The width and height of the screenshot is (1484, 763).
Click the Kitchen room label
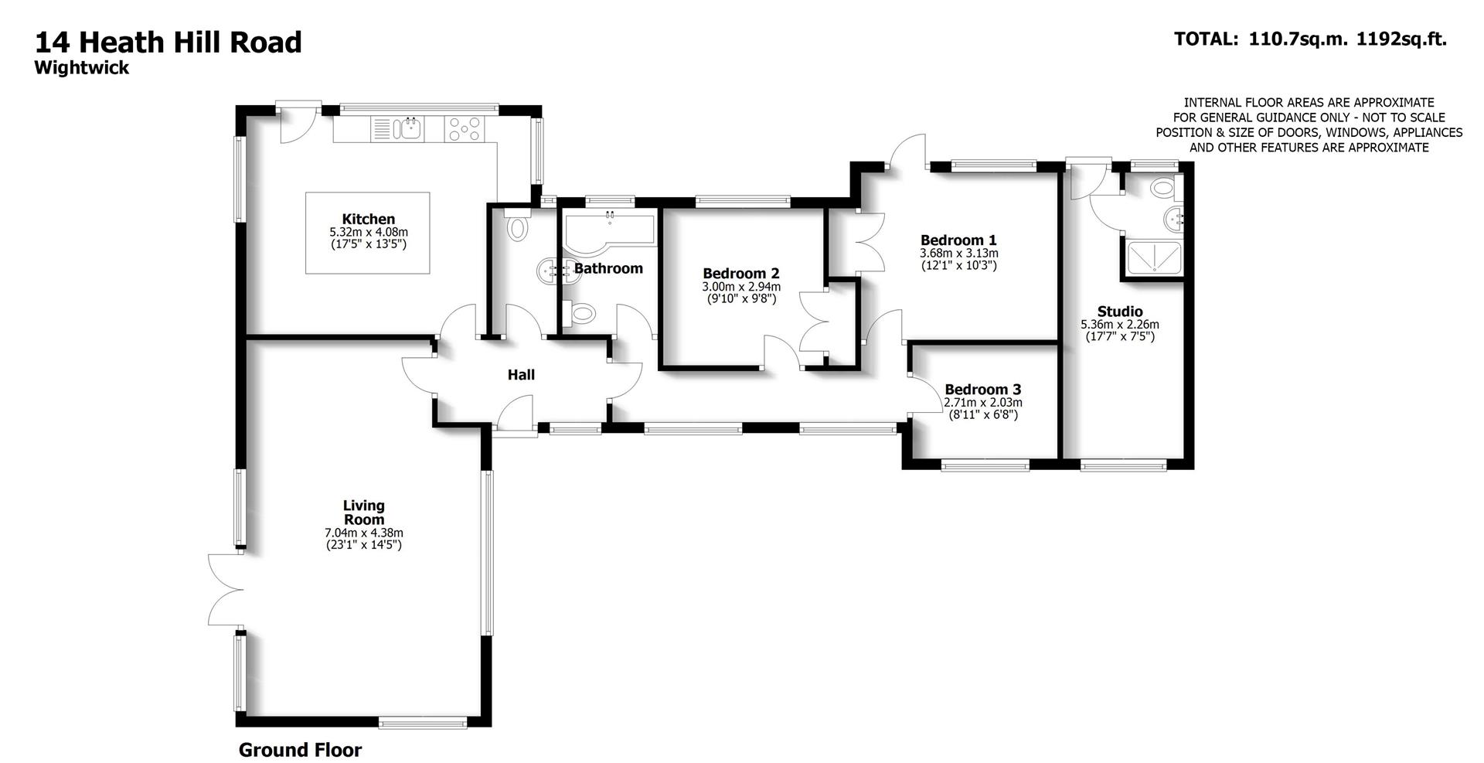pyautogui.click(x=368, y=220)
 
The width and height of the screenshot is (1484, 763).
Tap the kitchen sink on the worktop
pyautogui.click(x=410, y=128)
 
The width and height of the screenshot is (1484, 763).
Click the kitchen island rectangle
pyautogui.click(x=368, y=233)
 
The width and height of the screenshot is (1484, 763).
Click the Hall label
pyautogui.click(x=520, y=376)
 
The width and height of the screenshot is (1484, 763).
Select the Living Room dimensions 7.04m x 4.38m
pyautogui.click(x=364, y=533)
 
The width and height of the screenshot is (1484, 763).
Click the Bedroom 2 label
pyautogui.click(x=740, y=274)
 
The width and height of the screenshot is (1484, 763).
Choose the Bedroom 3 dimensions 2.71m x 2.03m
pyautogui.click(x=982, y=403)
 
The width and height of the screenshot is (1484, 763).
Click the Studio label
pyautogui.click(x=1119, y=312)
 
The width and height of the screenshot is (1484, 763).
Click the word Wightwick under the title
pyautogui.click(x=81, y=68)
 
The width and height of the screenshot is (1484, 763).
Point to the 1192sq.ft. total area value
pyautogui.click(x=1401, y=39)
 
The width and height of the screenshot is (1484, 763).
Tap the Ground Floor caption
pyautogui.click(x=300, y=750)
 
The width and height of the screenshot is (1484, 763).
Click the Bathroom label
pyautogui.click(x=608, y=269)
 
